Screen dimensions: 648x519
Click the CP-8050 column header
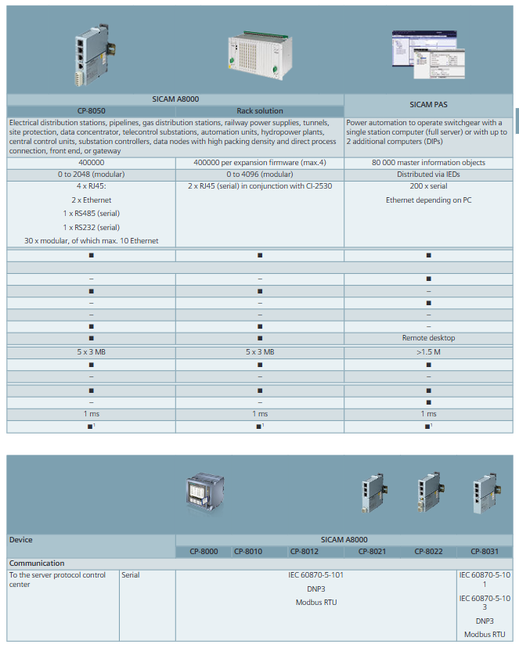tap(92, 111)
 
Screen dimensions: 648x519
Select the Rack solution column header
tap(260, 111)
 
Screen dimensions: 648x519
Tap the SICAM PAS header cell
tap(428, 105)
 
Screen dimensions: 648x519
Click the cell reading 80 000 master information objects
tap(428, 163)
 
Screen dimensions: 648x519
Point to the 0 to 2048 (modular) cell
tap(92, 174)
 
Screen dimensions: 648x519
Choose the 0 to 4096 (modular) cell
tap(260, 174)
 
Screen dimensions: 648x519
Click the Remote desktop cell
tap(428, 338)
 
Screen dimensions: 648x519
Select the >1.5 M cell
tap(428, 352)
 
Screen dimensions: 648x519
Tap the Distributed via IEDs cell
tap(428, 174)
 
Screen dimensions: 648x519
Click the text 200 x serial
tap(428, 187)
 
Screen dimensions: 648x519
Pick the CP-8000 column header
tap(204, 552)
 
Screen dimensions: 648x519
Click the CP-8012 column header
tap(305, 552)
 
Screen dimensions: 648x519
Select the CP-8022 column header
tap(428, 552)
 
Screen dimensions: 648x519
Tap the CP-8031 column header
tap(485, 552)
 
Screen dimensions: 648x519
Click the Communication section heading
tap(37, 563)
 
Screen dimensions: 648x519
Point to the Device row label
tap(21, 540)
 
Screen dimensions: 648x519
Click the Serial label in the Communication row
tap(131, 575)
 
